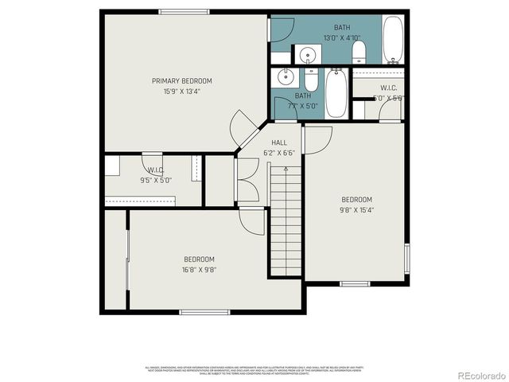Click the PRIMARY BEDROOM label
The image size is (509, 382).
[182, 80]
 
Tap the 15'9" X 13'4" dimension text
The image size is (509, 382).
[182, 91]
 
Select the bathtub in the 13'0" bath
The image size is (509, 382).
[394, 40]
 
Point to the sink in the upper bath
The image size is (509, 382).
[307, 55]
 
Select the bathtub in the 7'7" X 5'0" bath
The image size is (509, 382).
[335, 92]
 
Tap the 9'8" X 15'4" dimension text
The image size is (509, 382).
[357, 210]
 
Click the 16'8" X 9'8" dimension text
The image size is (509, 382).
[199, 269]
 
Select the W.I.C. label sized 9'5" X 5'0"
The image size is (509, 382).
[155, 170]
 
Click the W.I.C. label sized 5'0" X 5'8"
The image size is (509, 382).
[388, 88]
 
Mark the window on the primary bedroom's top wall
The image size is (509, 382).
[184, 12]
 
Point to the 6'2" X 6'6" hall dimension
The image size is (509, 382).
[279, 152]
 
